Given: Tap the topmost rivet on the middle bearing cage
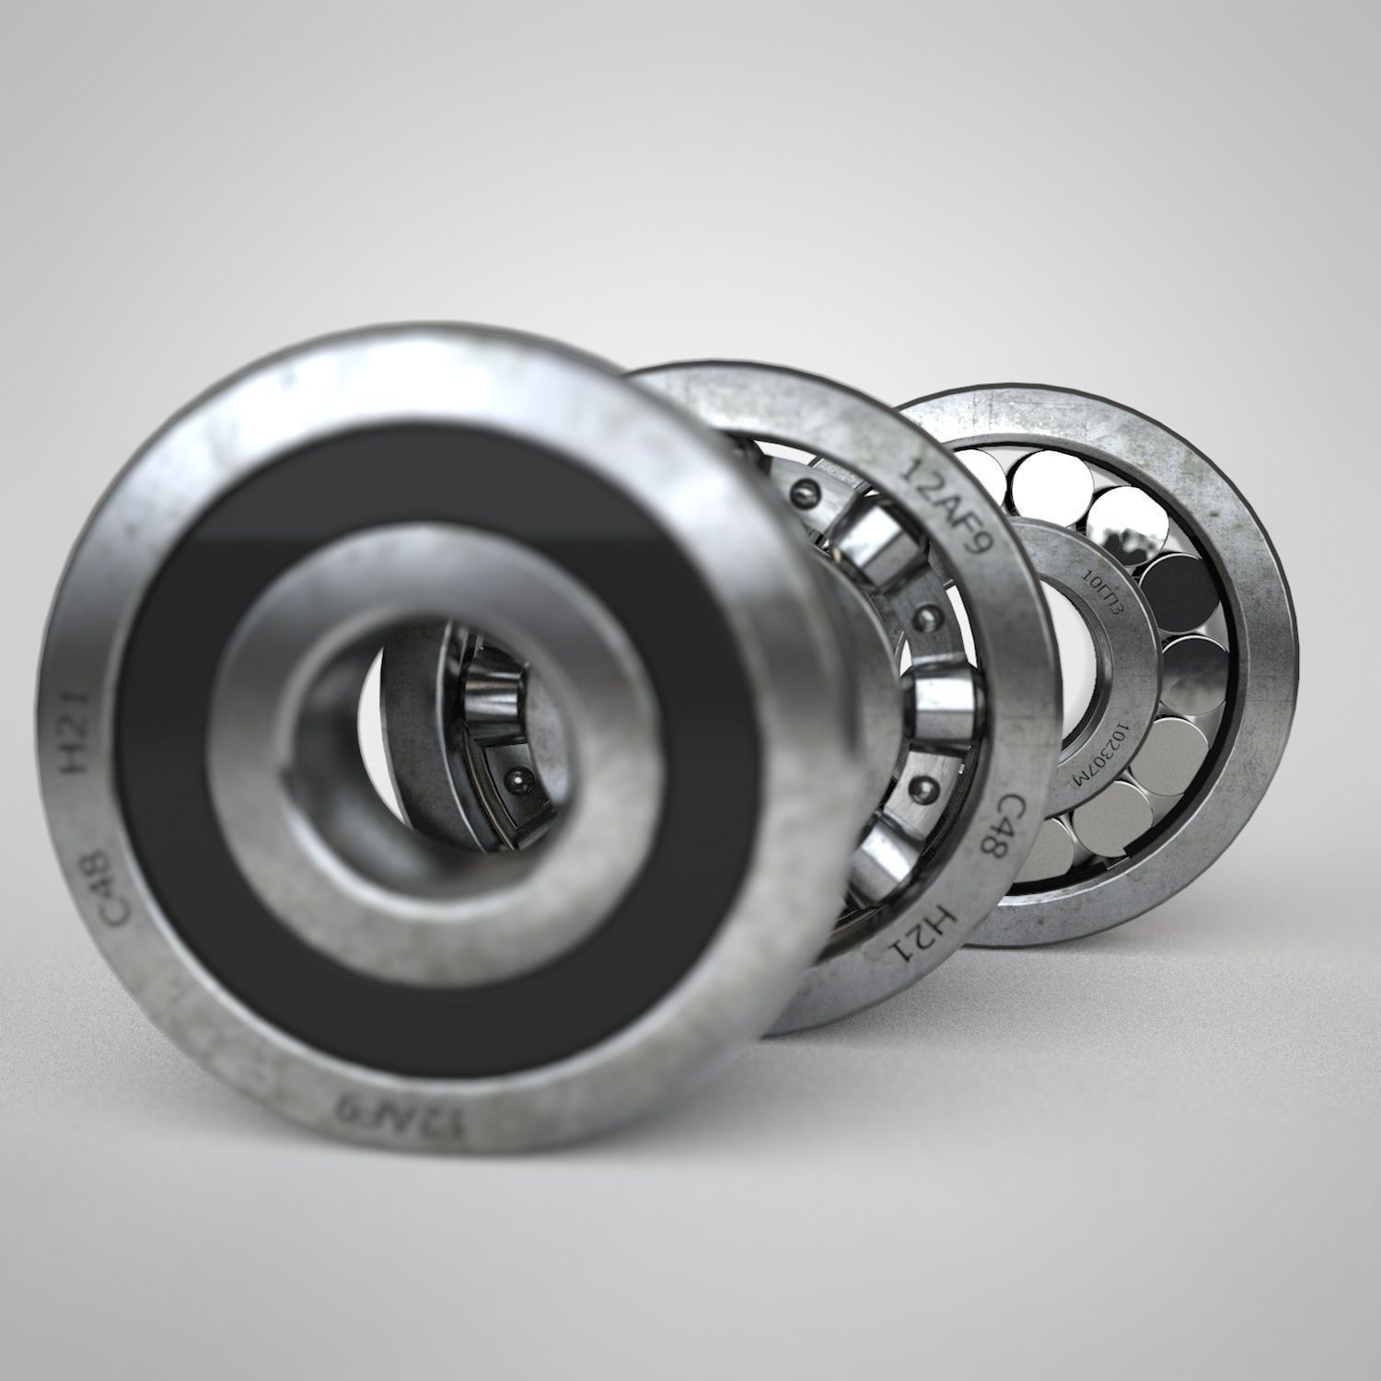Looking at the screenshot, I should pos(809,489).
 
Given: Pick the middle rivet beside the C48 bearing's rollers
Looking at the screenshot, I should pos(925,614).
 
